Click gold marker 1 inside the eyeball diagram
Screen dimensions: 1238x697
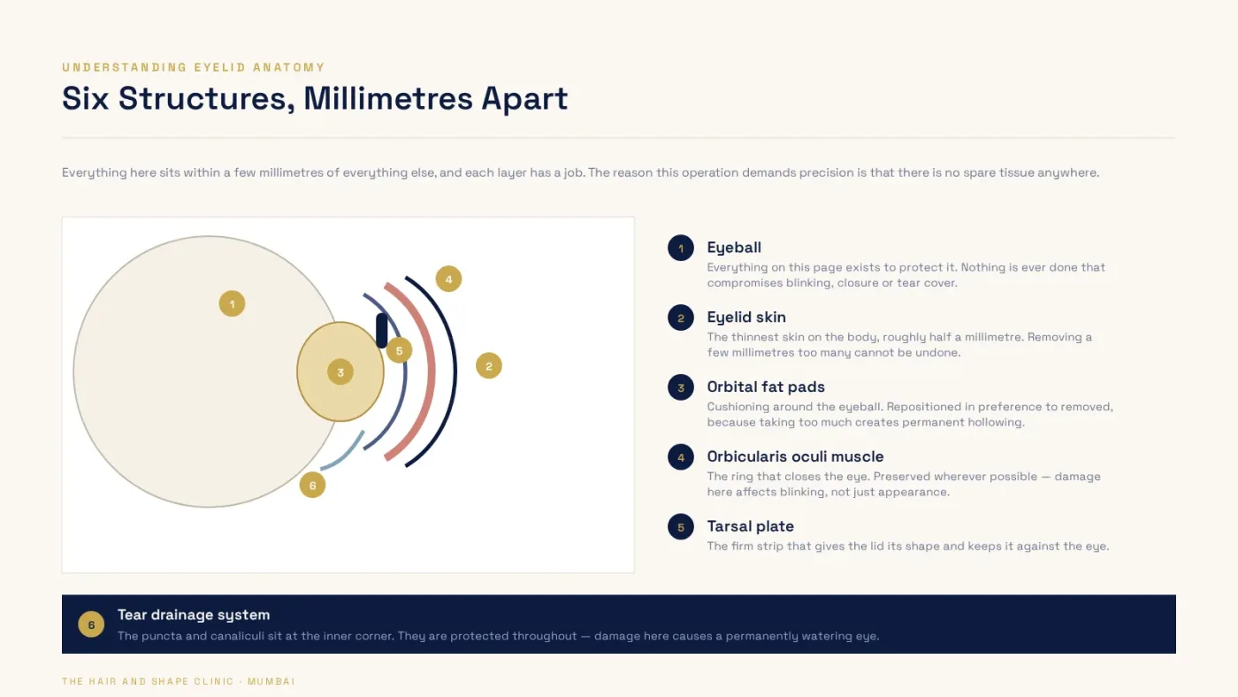click(232, 303)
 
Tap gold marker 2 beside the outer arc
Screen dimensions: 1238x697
click(488, 365)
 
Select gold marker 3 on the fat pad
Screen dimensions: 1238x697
click(340, 372)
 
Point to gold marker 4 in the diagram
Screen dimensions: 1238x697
click(448, 280)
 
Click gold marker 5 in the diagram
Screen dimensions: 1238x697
click(399, 350)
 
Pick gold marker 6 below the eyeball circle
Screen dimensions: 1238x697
click(312, 485)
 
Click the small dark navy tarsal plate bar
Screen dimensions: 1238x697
click(381, 331)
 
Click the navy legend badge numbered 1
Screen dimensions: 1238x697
click(680, 248)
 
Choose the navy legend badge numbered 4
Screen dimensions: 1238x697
click(680, 457)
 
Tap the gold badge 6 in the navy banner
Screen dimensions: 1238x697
click(91, 624)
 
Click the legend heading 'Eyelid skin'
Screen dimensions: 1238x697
click(746, 318)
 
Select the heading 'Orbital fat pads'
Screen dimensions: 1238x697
click(766, 387)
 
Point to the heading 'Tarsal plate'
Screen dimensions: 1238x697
click(750, 526)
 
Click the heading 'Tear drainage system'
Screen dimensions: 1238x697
click(194, 615)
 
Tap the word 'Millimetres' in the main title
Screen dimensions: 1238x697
click(387, 98)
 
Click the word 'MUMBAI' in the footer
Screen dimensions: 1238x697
click(271, 681)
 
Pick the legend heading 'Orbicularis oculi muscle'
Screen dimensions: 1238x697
click(795, 456)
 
